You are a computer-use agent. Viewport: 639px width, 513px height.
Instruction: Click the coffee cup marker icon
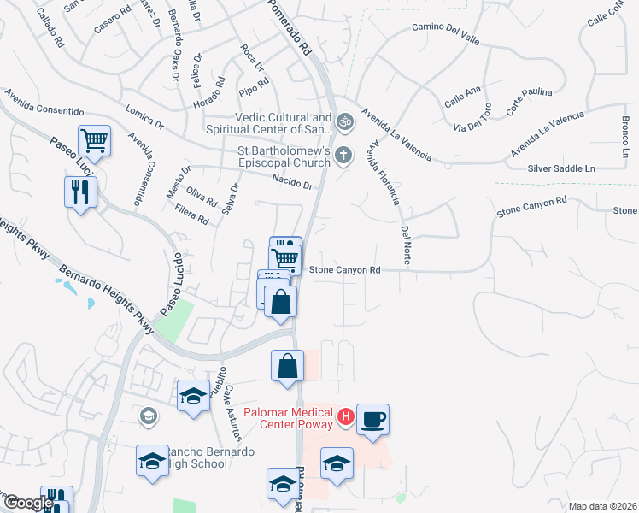point(372,420)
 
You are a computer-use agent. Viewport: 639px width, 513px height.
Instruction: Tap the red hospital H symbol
point(346,417)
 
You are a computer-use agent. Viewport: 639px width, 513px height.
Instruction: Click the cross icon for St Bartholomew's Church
point(343,156)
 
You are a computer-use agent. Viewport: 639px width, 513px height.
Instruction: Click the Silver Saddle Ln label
point(561,169)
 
